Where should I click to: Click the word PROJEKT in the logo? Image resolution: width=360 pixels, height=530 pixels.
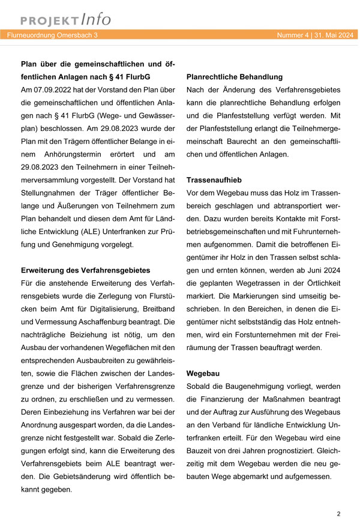(x=44, y=20)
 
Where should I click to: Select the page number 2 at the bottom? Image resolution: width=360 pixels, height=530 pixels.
(x=339, y=514)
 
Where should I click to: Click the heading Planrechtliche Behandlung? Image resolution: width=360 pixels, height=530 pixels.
(x=234, y=77)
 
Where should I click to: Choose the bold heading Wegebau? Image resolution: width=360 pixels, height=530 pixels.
(x=203, y=373)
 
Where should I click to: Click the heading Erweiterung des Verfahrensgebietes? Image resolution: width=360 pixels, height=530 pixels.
(x=85, y=270)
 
